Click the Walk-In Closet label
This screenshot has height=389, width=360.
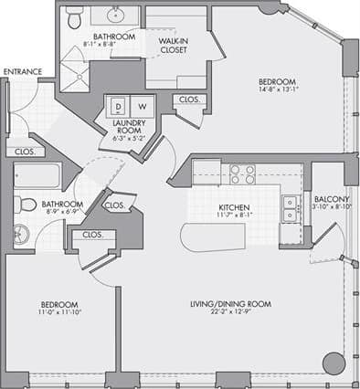point(173,45)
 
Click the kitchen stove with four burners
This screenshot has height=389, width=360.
point(241,173)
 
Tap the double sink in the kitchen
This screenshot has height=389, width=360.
point(289,209)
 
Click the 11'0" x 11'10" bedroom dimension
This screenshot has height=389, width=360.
point(58,313)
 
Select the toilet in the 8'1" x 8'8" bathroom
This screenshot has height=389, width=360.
point(76,16)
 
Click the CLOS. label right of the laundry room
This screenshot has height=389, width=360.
point(189,99)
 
